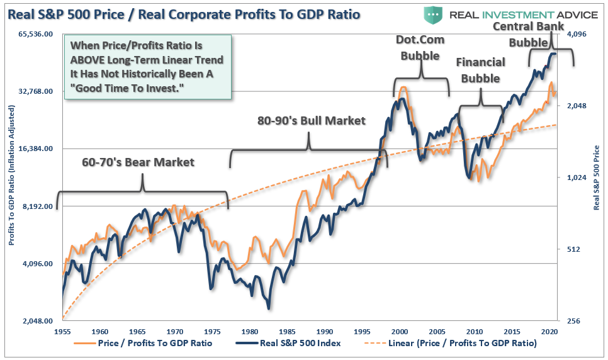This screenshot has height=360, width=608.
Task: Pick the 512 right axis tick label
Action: (x=569, y=249)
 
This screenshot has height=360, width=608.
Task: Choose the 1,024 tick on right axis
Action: (x=573, y=177)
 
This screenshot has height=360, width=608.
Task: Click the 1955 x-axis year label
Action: (x=62, y=331)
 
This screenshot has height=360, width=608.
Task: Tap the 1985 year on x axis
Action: (x=287, y=331)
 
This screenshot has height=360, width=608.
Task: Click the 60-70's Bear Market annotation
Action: (x=138, y=162)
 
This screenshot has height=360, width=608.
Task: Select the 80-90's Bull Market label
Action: (x=311, y=121)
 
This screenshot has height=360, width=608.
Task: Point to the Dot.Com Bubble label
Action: (x=420, y=47)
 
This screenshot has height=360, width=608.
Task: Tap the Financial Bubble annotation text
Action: (x=480, y=70)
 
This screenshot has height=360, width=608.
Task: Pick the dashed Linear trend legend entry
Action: (x=451, y=344)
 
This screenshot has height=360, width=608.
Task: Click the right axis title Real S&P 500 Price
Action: (x=597, y=176)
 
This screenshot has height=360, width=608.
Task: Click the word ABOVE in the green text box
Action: (x=96, y=60)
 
